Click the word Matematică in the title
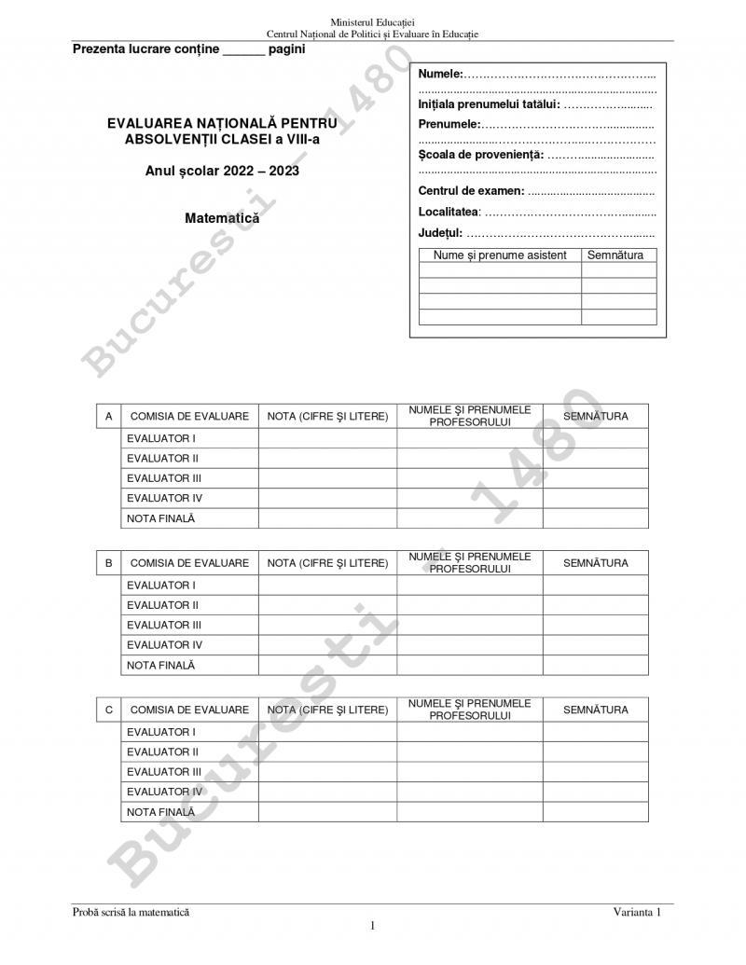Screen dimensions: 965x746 [222, 218]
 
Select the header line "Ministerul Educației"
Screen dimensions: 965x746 [373, 21]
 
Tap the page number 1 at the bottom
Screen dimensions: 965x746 [373, 926]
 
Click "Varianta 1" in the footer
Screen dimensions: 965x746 [637, 912]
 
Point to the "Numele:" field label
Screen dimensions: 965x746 [441, 74]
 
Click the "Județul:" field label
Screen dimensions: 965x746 [440, 233]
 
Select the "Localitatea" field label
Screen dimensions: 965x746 [448, 213]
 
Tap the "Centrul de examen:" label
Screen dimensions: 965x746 [471, 191]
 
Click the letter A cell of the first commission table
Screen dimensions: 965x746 [109, 416]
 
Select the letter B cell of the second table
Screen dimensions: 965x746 [109, 563]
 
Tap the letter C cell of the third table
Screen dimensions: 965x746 [109, 710]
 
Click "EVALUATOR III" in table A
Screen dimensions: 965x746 [164, 478]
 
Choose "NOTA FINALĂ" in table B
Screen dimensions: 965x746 [161, 666]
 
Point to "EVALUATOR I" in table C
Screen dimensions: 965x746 [161, 733]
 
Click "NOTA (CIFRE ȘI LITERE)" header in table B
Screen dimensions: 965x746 [327, 563]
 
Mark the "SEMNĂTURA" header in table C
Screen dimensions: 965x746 [595, 710]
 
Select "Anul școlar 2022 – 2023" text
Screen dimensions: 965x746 [222, 172]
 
